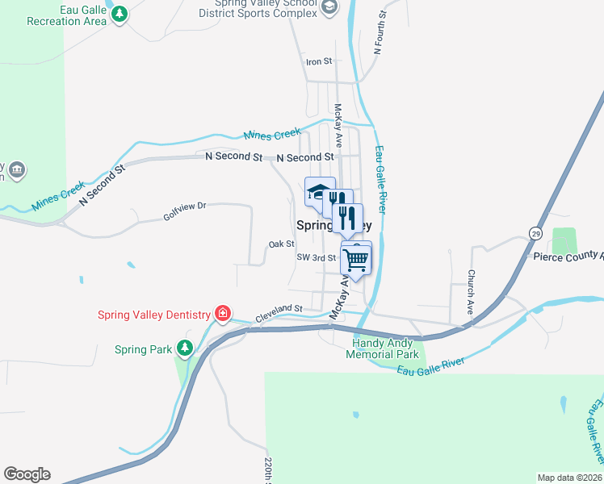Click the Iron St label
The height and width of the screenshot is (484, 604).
tap(319, 61)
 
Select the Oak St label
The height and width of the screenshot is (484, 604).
tap(281, 244)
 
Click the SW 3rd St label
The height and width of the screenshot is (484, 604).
tap(316, 257)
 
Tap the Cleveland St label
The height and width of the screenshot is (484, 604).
tap(279, 308)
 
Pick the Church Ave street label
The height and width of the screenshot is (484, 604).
tap(470, 291)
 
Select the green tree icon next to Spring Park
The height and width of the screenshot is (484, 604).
tap(185, 348)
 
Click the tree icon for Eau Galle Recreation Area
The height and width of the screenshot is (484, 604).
tap(120, 14)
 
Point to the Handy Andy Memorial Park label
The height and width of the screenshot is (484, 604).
tap(382, 348)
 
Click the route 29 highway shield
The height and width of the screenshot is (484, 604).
tap(535, 232)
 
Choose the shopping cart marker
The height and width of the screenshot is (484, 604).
tap(356, 259)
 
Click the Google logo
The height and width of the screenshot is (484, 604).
tap(27, 474)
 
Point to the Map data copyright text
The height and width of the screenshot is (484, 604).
tap(570, 478)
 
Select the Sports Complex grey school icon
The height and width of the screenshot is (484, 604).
tap(329, 7)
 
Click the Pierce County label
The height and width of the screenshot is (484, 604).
tap(568, 257)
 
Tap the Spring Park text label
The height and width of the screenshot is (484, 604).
tap(143, 349)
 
